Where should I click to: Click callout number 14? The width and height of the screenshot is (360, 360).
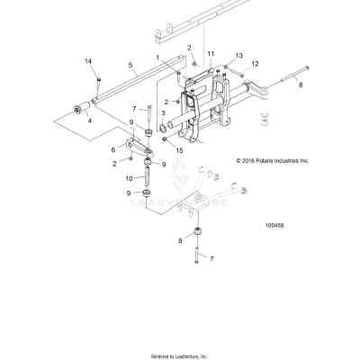click(88, 60)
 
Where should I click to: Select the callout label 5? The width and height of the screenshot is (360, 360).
click(130, 65)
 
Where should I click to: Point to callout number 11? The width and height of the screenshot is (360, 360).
click(211, 55)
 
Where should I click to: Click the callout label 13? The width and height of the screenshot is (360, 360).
click(239, 56)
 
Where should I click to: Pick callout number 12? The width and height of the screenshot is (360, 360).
click(255, 64)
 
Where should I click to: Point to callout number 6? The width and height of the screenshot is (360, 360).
click(113, 148)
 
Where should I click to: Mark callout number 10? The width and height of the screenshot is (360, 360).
click(129, 179)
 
